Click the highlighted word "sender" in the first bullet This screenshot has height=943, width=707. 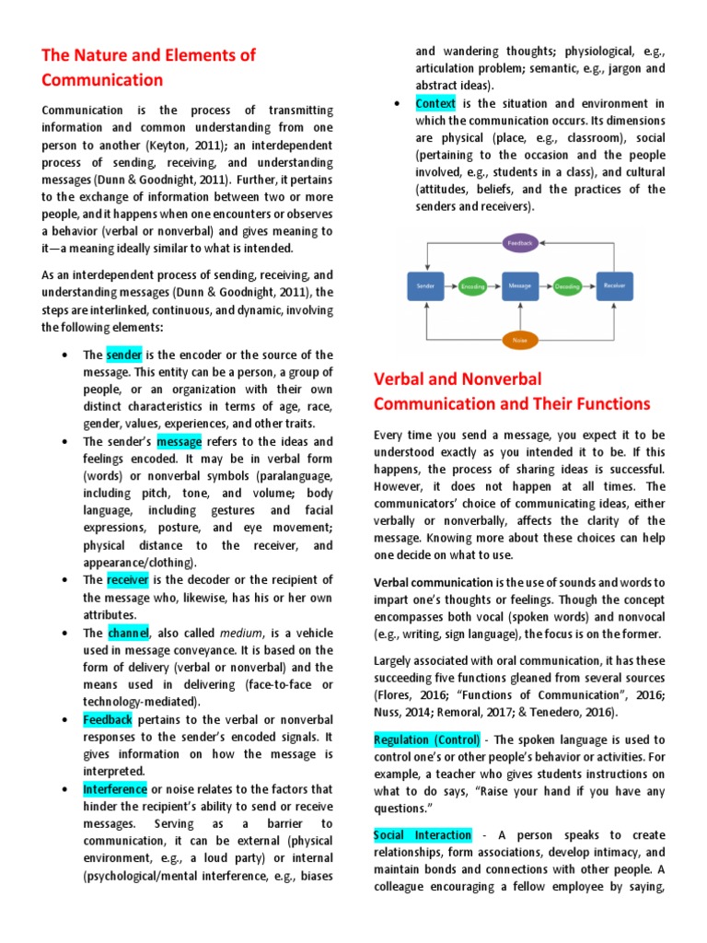tap(123, 355)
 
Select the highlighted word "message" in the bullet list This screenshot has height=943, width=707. tap(179, 442)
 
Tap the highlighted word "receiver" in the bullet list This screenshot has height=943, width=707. tap(127, 580)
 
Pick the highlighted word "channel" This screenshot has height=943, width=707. tap(127, 633)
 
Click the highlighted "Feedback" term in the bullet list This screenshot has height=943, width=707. tap(108, 719)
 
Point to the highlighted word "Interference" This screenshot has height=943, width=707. tap(114, 789)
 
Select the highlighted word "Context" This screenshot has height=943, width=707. tap(435, 103)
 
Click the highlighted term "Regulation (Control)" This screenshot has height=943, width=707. tap(426, 739)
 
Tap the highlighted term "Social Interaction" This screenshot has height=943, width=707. tap(423, 835)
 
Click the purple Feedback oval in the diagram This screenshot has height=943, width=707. tap(519, 243)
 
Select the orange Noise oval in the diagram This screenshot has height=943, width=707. tap(519, 340)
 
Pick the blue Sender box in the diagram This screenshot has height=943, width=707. tap(425, 286)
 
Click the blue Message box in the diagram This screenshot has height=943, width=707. tap(519, 286)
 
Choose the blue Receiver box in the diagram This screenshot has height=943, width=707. tap(614, 286)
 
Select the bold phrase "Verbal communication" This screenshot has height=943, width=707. tap(433, 582)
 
